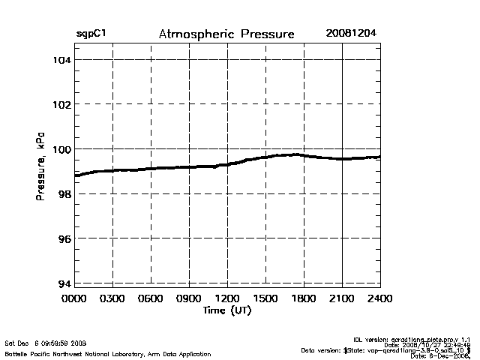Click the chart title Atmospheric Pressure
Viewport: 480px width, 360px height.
226,34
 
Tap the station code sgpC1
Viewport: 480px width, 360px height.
91,34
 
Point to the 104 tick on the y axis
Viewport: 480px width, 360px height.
61,59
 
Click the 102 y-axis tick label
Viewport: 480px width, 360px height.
61,104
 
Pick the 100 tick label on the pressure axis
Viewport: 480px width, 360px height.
61,149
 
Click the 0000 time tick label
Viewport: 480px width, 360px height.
74,299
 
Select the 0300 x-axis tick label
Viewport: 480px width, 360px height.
112,299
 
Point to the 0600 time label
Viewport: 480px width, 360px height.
151,299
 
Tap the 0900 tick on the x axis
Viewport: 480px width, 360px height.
189,299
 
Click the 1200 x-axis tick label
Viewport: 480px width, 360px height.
227,299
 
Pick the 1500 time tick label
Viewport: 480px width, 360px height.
265,299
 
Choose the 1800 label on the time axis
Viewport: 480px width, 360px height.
304,299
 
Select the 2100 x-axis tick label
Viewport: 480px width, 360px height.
342,299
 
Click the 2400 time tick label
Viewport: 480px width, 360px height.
379,299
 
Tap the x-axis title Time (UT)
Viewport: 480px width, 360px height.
226,310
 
